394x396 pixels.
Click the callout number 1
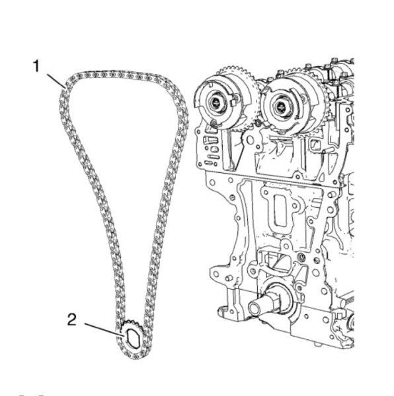[x=36, y=66]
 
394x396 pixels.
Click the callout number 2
[x=72, y=319]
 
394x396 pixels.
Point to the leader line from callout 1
[x=56, y=81]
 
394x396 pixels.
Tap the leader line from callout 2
[x=104, y=329]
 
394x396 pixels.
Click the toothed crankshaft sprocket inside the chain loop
[x=132, y=337]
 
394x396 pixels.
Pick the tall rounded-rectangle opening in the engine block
[x=280, y=209]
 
